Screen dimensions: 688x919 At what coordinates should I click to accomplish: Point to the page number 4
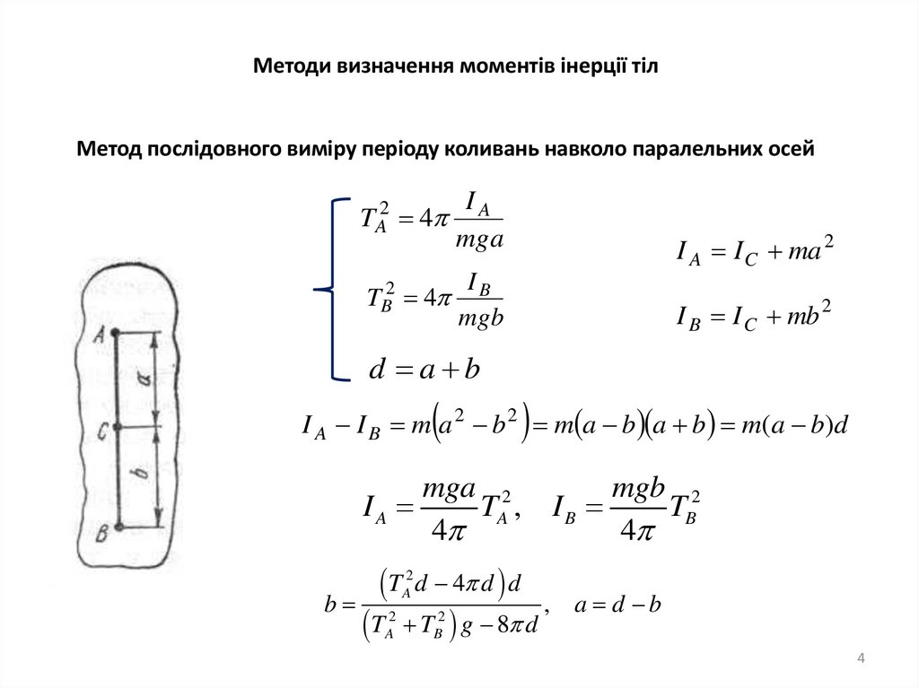[862, 661]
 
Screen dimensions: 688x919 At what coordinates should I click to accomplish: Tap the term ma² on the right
[810, 254]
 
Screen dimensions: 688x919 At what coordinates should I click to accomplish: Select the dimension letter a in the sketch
[144, 379]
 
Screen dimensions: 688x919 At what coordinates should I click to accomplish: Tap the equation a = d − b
[618, 605]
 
